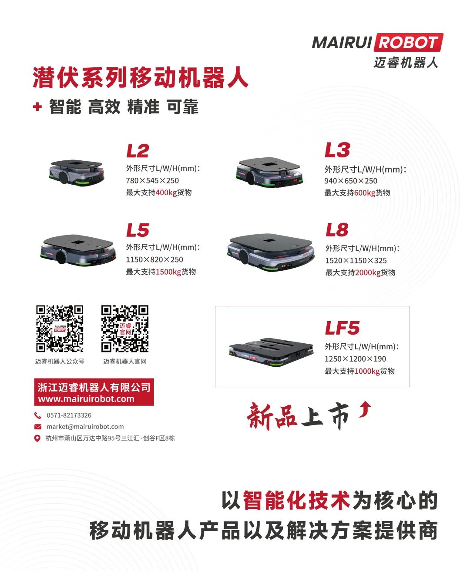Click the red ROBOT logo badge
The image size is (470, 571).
(x=409, y=42)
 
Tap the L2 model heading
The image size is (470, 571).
(x=138, y=151)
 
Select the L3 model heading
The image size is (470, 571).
(x=337, y=150)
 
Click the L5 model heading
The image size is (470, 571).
(x=138, y=230)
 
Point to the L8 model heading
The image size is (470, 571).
(x=337, y=230)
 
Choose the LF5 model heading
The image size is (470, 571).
(x=342, y=328)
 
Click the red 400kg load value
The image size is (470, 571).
(x=166, y=193)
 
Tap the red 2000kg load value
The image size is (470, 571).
(x=368, y=272)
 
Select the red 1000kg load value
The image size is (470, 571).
(x=367, y=371)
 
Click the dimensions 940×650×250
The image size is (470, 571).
(x=351, y=181)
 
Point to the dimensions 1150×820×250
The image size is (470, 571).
(x=154, y=259)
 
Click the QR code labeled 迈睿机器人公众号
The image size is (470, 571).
(x=60, y=329)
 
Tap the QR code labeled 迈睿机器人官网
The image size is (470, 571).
(x=125, y=329)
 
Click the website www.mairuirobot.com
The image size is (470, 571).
(x=86, y=399)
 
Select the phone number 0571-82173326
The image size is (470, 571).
(x=69, y=415)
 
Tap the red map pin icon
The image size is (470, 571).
(x=37, y=438)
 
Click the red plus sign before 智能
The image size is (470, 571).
(x=37, y=106)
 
